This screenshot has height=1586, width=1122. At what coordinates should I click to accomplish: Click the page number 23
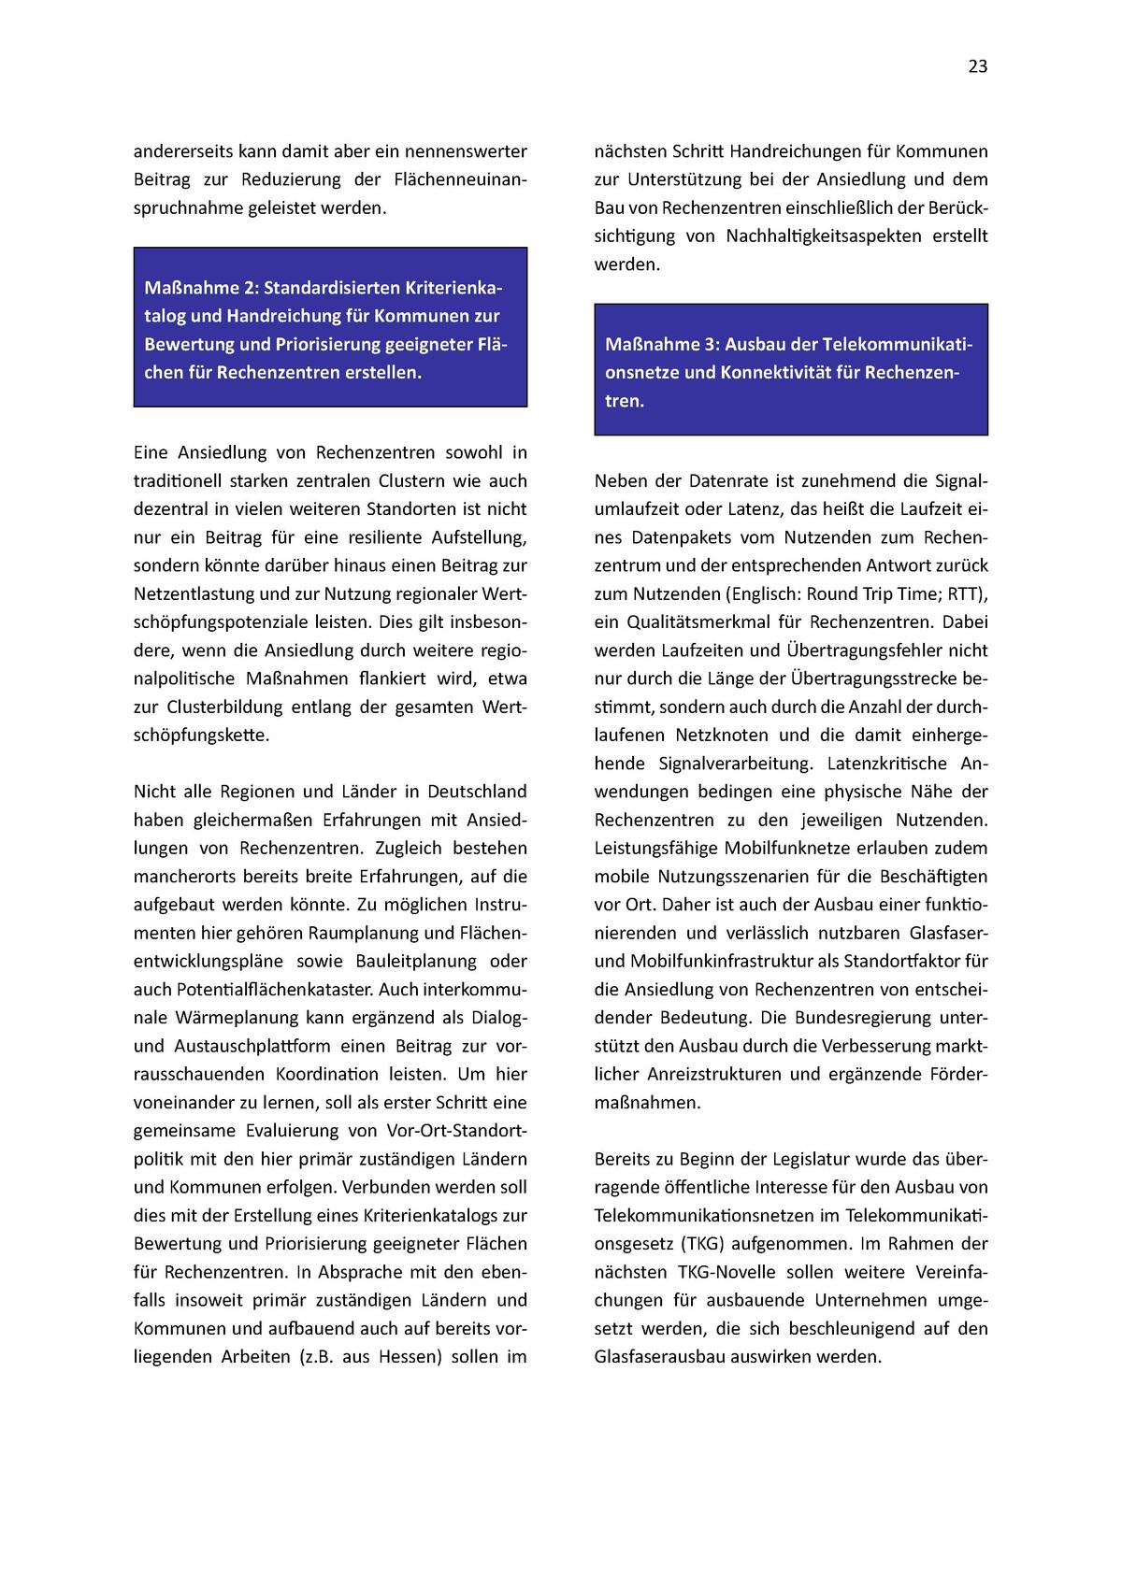click(977, 66)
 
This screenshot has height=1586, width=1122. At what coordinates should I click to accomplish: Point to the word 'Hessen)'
click(410, 1356)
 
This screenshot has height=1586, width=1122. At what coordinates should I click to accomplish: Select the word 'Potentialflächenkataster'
click(270, 989)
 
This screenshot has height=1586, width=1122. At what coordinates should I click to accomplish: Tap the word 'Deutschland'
click(477, 792)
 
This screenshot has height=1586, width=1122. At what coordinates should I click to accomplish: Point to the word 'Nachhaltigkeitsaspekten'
click(822, 236)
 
